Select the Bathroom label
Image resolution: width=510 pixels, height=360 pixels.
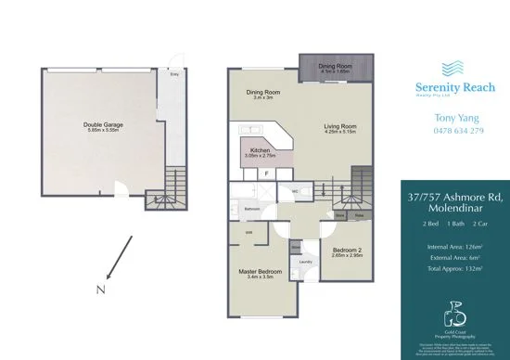click(x=251, y=210)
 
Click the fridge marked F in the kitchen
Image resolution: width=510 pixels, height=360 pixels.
click(x=267, y=172)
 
